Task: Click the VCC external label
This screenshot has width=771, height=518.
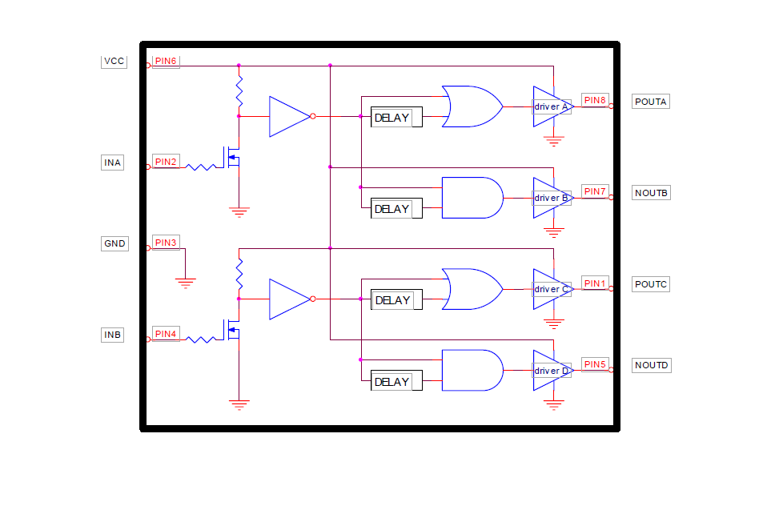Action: [114, 61]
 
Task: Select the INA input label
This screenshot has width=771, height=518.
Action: [113, 163]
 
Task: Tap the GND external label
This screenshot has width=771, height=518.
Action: [114, 243]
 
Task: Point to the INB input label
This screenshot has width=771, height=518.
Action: [113, 335]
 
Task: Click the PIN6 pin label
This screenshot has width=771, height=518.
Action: [166, 61]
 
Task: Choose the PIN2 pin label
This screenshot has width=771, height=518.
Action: [166, 162]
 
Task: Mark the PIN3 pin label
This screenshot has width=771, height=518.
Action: [166, 243]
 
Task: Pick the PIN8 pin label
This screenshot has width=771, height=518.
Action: [595, 100]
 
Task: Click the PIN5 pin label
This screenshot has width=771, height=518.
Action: [595, 364]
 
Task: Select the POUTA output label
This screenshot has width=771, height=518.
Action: [650, 102]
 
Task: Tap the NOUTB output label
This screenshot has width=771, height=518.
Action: [651, 193]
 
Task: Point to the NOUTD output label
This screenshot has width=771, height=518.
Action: [651, 365]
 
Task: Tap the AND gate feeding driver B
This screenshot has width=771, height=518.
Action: [472, 198]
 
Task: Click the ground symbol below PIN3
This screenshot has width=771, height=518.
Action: [185, 282]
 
